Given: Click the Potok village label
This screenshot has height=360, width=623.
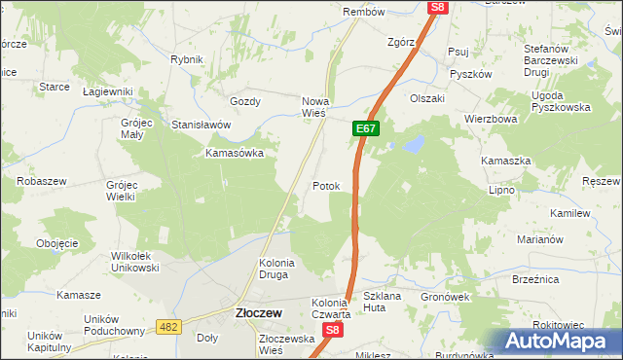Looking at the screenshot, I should [326, 186].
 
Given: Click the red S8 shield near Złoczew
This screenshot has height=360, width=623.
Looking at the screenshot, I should [333, 331].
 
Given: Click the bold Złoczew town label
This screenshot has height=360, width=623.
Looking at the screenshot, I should [258, 313].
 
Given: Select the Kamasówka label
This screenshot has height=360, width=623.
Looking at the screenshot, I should [234, 154].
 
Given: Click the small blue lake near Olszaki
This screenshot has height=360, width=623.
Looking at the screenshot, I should [414, 145].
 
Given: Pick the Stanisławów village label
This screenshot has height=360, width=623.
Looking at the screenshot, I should [201, 126].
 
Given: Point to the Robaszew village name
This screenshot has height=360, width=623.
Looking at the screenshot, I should [41, 181].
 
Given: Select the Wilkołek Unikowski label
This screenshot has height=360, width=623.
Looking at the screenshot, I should [134, 262].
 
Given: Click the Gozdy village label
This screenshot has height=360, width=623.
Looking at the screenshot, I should [244, 101].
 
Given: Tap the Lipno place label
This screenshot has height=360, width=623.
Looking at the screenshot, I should [501, 190].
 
